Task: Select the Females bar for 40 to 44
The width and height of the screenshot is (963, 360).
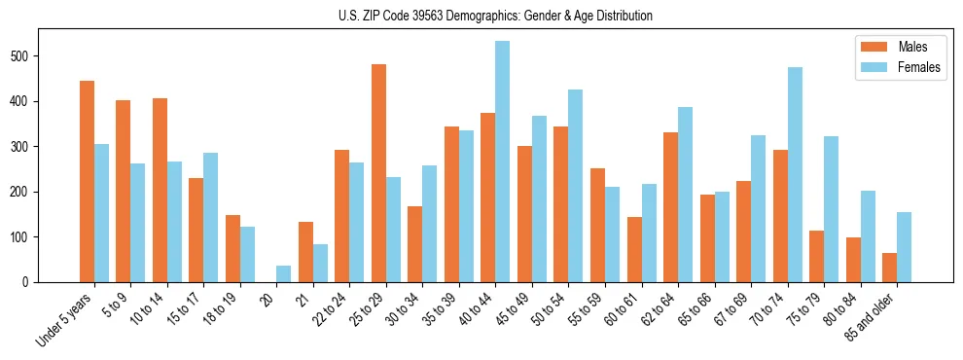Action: click(502, 162)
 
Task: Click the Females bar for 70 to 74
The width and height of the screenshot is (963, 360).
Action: click(795, 174)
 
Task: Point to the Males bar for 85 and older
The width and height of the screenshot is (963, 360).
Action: click(889, 268)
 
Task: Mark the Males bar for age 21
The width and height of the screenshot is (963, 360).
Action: click(305, 252)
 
